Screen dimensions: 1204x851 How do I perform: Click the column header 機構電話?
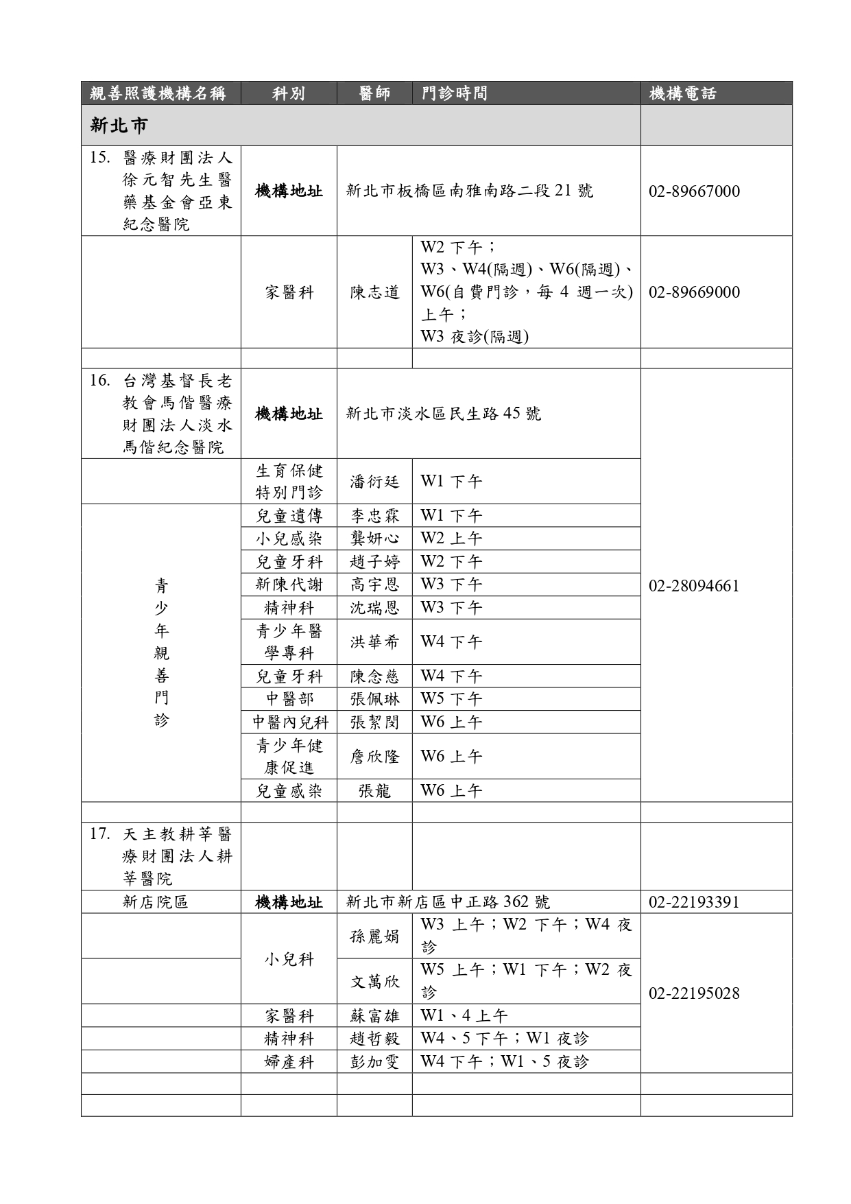click(682, 93)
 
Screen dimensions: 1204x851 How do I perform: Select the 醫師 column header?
click(374, 93)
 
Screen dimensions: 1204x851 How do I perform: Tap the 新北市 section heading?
click(119, 126)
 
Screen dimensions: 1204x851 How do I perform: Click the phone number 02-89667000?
click(694, 191)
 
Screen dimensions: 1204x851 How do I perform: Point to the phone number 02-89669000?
click(694, 292)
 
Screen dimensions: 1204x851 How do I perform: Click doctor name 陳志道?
click(374, 292)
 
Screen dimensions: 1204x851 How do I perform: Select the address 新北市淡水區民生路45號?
click(444, 414)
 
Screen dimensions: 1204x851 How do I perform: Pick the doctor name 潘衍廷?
click(374, 482)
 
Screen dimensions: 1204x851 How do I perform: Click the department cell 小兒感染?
click(289, 539)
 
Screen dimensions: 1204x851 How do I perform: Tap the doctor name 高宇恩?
click(374, 585)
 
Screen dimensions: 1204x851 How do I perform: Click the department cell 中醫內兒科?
click(289, 722)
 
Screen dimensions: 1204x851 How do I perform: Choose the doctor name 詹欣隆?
click(374, 757)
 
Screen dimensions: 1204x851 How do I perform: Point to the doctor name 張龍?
click(374, 791)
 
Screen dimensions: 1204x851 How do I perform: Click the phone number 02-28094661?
click(694, 586)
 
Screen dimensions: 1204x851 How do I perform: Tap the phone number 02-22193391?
click(694, 902)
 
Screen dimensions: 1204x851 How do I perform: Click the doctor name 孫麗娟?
click(374, 936)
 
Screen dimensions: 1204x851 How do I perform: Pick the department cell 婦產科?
click(289, 1062)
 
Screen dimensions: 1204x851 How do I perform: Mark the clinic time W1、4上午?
click(464, 1016)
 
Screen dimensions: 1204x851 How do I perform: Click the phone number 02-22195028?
click(694, 993)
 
